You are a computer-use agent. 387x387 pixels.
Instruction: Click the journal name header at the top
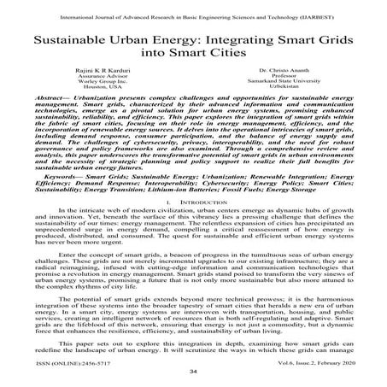click(193, 14)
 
